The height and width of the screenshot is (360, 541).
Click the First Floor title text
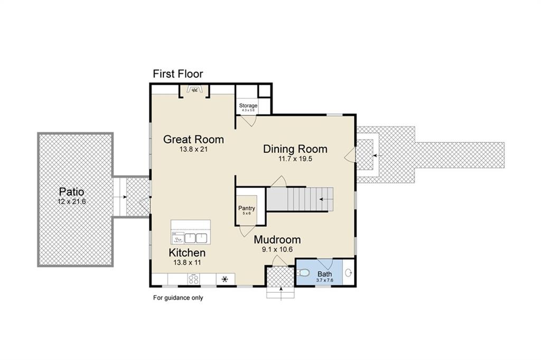(178, 74)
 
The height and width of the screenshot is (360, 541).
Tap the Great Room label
(193, 140)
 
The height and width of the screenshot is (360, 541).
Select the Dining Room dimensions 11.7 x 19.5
(295, 159)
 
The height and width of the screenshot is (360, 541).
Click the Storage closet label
(248, 106)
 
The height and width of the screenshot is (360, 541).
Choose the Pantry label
(246, 208)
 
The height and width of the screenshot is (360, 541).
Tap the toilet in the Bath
(302, 273)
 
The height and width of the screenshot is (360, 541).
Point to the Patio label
(71, 192)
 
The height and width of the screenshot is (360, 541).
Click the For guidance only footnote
(178, 298)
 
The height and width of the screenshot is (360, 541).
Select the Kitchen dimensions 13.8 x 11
(187, 262)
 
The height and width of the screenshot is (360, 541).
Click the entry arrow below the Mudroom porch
(280, 289)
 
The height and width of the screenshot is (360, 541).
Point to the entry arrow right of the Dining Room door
(375, 155)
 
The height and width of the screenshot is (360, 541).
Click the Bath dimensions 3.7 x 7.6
(324, 280)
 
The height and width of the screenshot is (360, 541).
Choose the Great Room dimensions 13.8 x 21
(193, 150)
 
